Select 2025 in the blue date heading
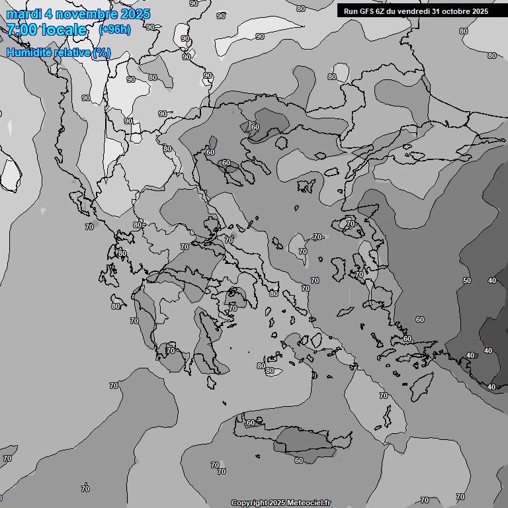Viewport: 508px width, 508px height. tap(135, 14)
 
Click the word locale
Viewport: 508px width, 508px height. tap(64, 30)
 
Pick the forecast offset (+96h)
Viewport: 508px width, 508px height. tap(114, 30)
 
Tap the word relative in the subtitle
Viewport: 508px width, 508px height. tap(71, 53)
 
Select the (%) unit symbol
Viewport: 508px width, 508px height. tap(101, 53)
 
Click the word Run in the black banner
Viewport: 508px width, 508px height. tap(351, 11)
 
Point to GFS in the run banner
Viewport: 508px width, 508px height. tap(367, 11)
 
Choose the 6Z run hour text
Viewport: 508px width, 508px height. tap(383, 11)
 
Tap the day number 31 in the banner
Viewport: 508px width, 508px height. tap(444, 11)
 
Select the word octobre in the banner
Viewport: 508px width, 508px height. tap(463, 11)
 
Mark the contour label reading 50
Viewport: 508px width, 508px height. tap(467, 280)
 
